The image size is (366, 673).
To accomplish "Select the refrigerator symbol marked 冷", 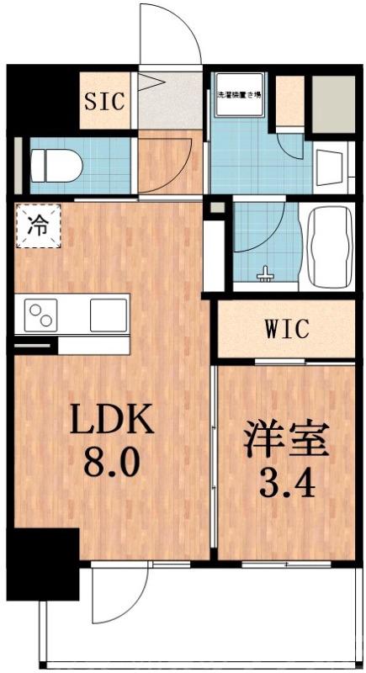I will [38, 225].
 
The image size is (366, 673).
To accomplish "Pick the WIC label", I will [286, 329].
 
